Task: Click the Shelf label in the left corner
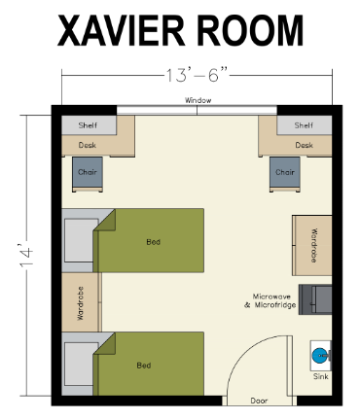[89, 125]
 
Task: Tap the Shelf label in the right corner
[304, 125]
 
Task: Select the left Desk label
[88, 146]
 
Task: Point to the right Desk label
[304, 146]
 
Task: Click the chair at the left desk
[88, 173]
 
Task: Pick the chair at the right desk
[285, 173]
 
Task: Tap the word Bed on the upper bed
[153, 241]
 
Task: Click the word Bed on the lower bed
[144, 366]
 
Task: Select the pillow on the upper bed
[79, 240]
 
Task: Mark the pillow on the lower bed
[79, 364]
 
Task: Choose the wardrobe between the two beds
[80, 302]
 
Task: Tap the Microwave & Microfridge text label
[270, 300]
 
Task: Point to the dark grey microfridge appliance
[315, 298]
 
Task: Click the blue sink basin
[318, 354]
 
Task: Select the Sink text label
[320, 376]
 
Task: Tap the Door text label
[259, 400]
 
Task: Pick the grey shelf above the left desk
[89, 124]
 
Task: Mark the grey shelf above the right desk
[304, 124]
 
